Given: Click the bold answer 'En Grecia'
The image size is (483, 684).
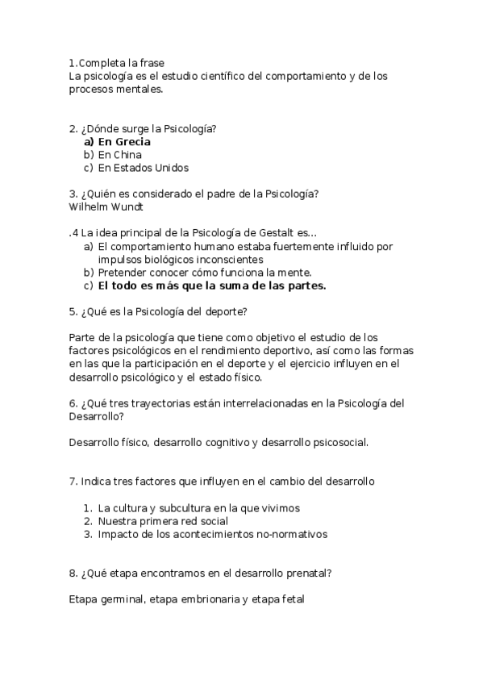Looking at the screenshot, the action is coord(124,142).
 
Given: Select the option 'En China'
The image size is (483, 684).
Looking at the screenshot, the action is coord(119,155).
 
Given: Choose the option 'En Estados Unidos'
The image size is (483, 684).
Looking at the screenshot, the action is coord(143,168).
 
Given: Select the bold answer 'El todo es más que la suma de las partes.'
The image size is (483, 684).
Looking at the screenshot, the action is coord(211,286).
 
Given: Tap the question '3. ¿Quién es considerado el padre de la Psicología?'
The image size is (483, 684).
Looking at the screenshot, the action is coord(194,194).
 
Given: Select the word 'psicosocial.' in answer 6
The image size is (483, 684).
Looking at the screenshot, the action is coord(339,442).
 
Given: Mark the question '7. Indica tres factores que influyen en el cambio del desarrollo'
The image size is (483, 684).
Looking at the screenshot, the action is coord(222,482).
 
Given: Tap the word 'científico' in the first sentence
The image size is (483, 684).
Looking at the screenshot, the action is coord(225,77).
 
